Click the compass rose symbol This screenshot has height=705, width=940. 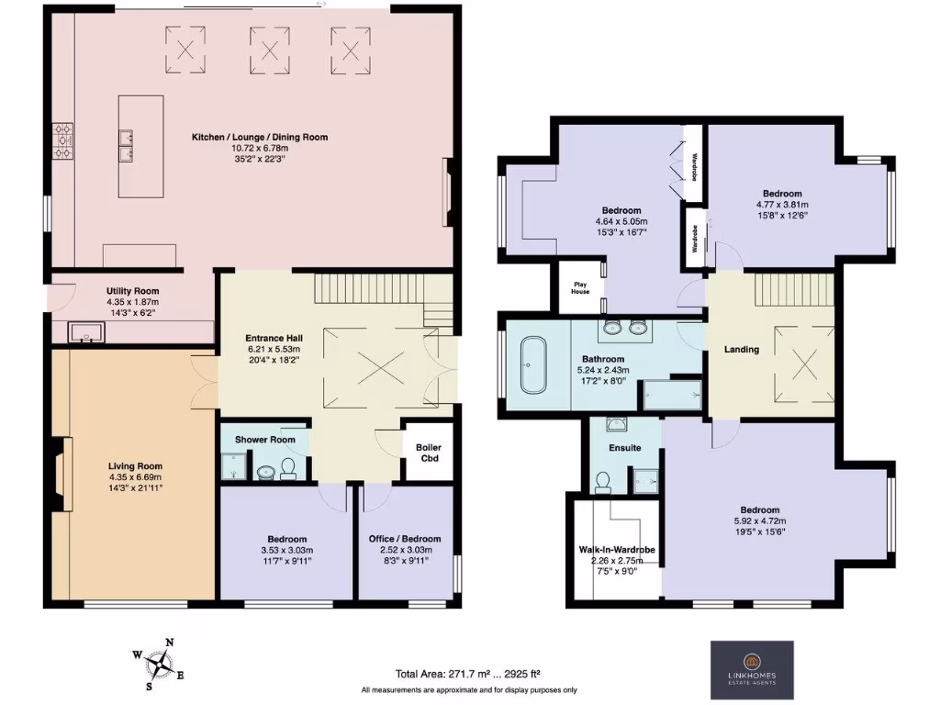[162, 662]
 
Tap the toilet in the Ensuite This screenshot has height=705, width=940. [604, 481]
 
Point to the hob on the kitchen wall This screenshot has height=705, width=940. [63, 141]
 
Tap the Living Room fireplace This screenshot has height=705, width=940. [60, 474]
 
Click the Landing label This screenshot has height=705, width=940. [742, 349]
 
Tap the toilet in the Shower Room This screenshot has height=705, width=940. [288, 470]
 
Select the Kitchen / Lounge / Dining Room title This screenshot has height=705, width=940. [260, 137]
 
